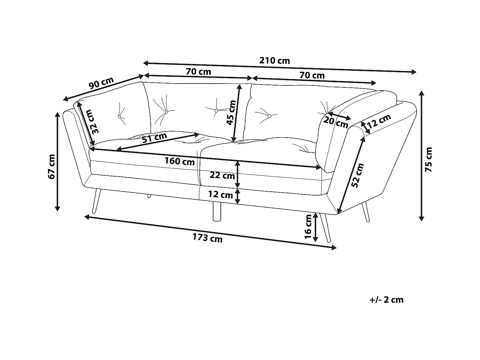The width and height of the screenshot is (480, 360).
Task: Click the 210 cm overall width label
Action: point(274,60)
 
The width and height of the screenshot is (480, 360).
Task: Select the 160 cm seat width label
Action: point(180,161)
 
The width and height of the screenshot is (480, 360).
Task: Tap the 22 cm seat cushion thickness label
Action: point(222,175)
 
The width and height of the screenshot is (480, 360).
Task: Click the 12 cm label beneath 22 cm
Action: point(220,195)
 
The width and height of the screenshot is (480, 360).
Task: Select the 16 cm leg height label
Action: point(308,227)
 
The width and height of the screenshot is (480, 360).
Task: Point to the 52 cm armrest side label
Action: point(357,175)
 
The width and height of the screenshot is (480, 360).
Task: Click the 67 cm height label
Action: point(51,166)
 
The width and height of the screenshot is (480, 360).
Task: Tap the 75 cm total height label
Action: point(428,159)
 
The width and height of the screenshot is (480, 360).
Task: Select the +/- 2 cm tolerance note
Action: point(386,300)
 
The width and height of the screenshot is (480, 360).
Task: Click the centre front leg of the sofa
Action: point(217,212)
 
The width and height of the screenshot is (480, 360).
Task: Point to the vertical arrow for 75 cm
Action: point(421,156)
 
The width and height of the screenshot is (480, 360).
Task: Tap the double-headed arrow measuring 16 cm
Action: point(315,227)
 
